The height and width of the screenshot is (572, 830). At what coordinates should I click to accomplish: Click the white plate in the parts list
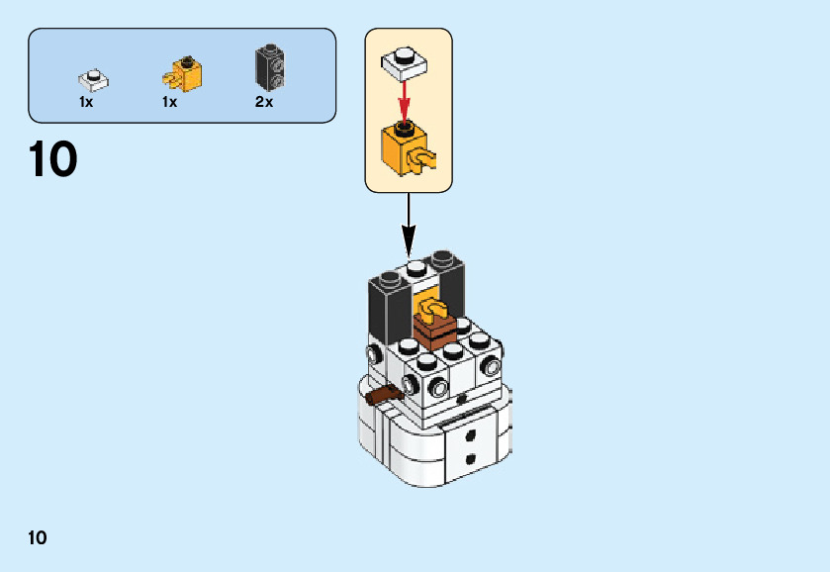pos(94,80)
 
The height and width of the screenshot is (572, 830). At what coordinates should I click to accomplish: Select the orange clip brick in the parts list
pos(182,73)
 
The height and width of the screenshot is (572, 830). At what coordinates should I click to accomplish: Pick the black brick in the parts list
pos(270,66)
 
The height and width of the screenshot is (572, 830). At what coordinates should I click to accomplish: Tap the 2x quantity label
pos(264,101)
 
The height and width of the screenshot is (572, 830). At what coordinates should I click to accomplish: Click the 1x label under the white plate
pos(86,102)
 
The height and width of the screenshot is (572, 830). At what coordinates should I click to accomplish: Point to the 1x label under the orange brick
pos(169,102)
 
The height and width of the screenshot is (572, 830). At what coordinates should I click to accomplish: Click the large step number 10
pos(53,159)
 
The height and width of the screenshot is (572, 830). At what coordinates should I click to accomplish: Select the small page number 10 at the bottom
pos(37,537)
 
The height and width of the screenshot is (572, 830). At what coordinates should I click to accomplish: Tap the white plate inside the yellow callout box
pos(405,63)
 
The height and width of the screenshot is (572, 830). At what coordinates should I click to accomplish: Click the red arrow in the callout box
pos(405,102)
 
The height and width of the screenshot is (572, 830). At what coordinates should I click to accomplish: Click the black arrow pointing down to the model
pos(409,225)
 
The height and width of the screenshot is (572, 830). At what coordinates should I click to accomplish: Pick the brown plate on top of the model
pos(434,331)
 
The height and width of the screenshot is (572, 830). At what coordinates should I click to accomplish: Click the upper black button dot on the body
pos(470,435)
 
